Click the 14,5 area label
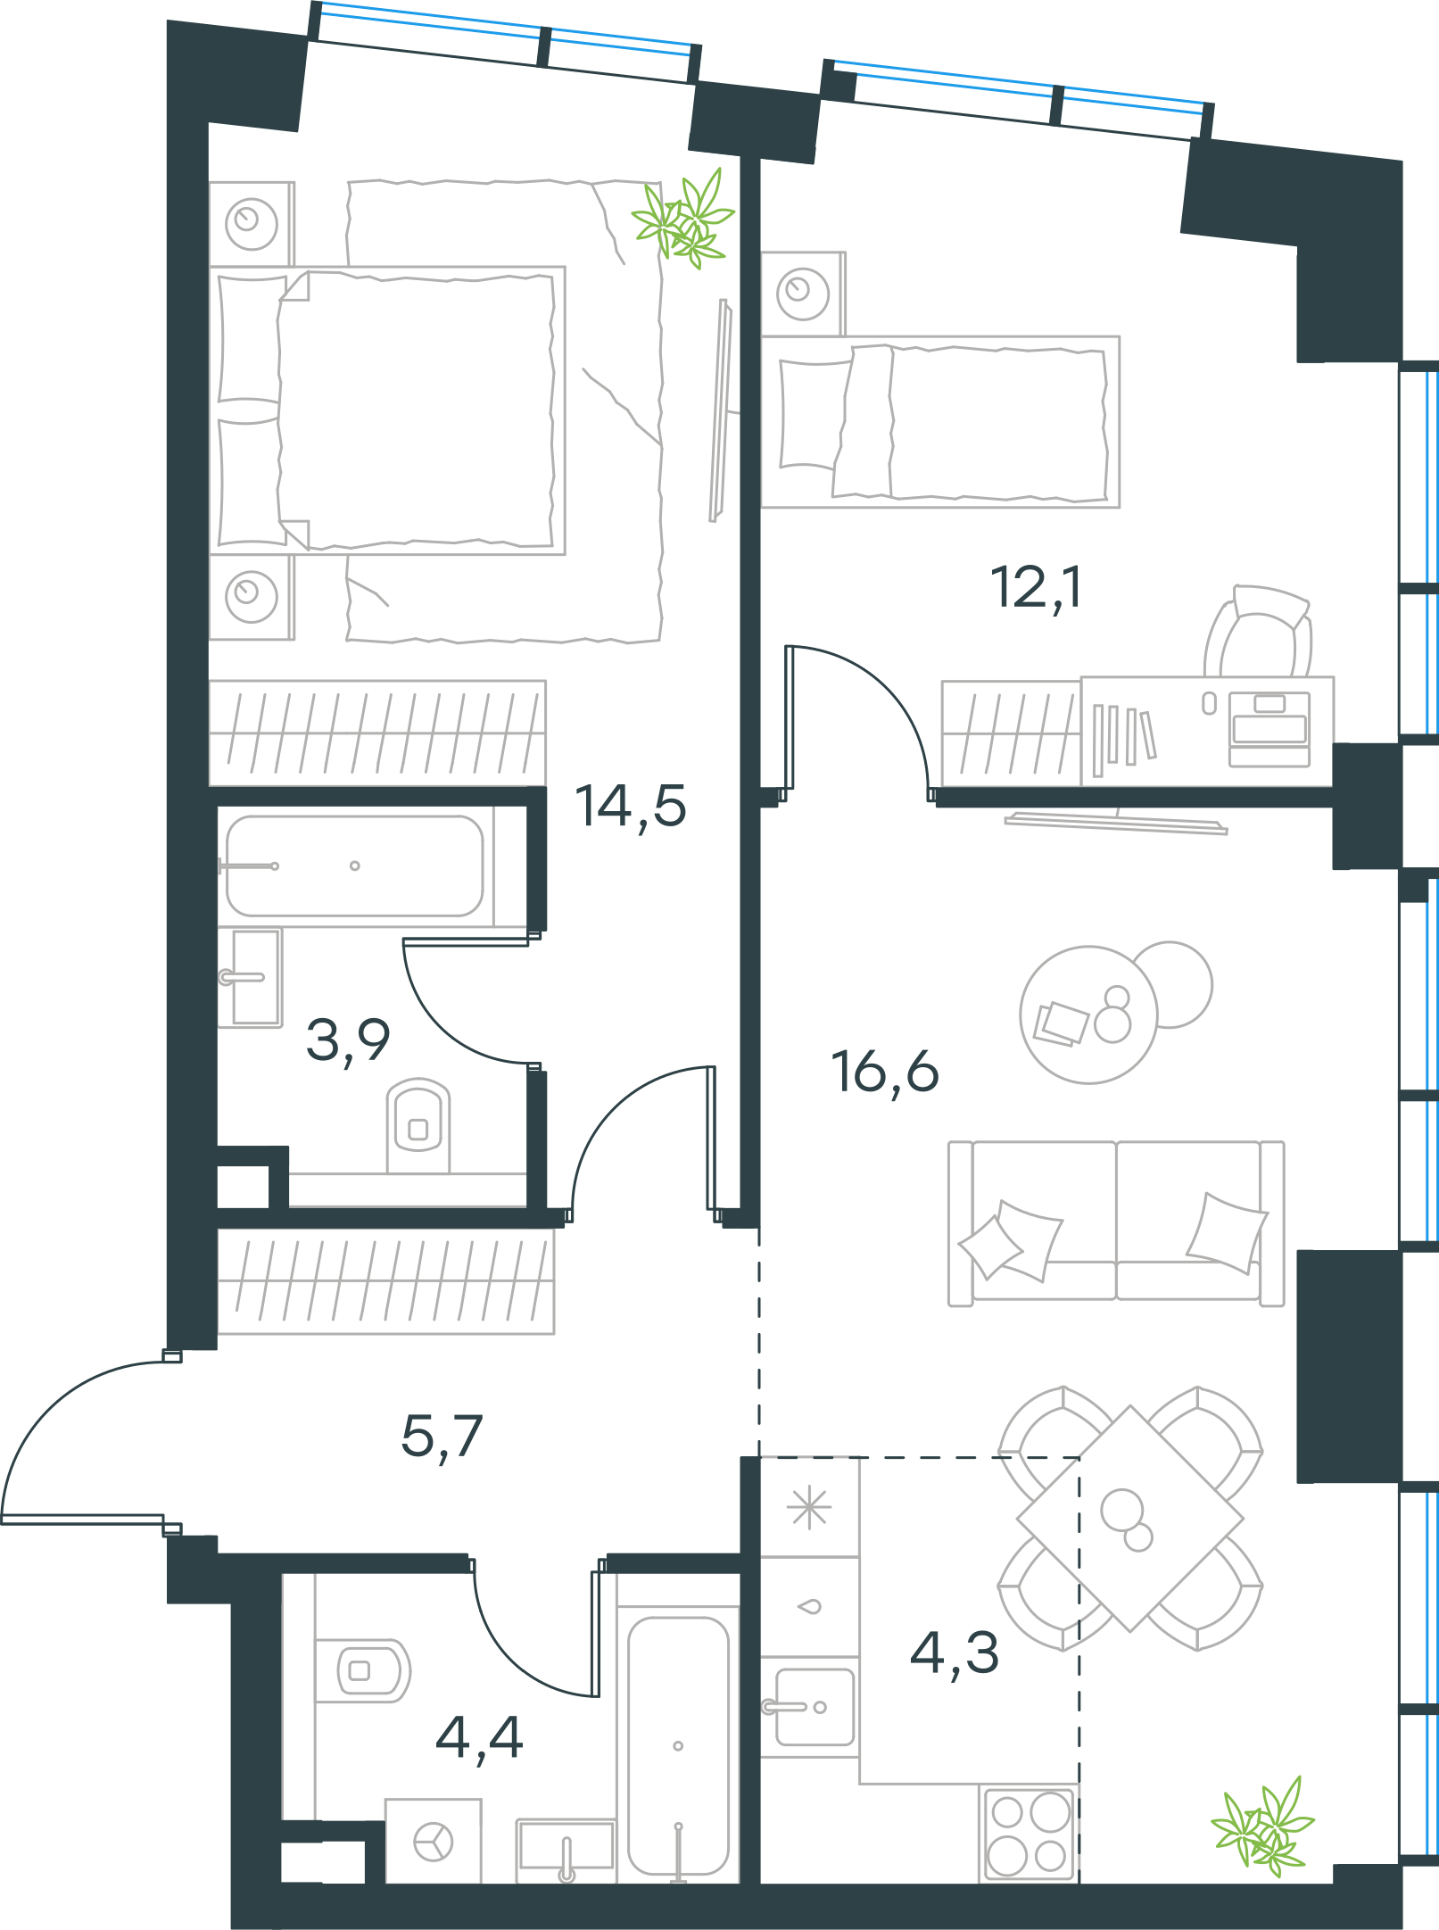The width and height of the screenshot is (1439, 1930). point(631,807)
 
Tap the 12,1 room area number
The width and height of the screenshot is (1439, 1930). point(1037,588)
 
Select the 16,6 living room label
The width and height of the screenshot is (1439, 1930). point(885,1072)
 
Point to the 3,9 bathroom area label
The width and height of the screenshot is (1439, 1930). point(348,1040)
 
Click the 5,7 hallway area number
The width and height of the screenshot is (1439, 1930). point(442,1437)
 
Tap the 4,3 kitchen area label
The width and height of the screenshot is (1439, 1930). point(955,1653)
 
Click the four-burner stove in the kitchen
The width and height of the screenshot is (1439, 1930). point(1029,1834)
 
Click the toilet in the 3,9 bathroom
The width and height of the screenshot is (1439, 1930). point(418,1124)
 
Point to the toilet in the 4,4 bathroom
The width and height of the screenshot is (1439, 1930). point(362,1670)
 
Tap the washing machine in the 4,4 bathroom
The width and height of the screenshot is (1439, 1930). point(434,1841)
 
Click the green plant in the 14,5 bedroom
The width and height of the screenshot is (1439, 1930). point(683,219)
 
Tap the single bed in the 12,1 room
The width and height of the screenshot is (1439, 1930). point(940,422)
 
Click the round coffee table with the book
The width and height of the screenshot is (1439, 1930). point(1088,1015)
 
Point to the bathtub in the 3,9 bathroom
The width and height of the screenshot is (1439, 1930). point(355,866)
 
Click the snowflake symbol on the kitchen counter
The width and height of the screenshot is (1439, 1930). point(809,1509)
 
